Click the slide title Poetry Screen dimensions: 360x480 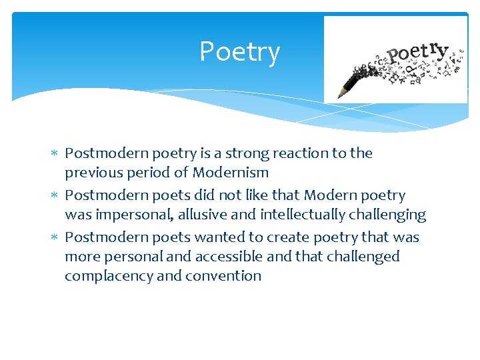pyautogui.click(x=239, y=52)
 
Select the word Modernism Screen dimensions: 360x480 pyautogui.click(x=231, y=173)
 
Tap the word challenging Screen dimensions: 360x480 pyautogui.click(x=390, y=215)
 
